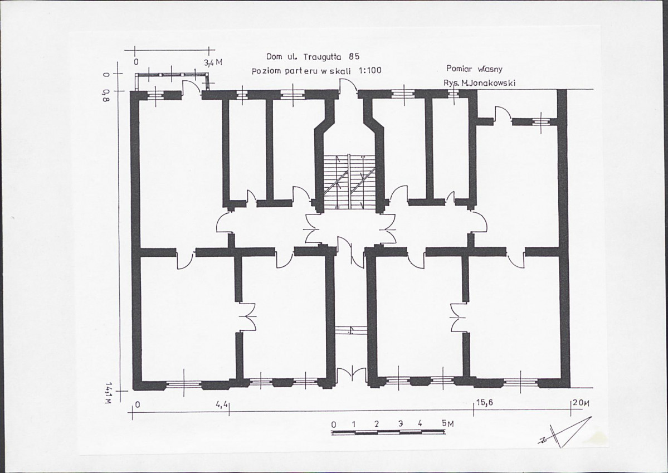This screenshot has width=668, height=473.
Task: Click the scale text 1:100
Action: [370, 70]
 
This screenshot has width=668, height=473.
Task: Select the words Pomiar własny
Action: [475, 69]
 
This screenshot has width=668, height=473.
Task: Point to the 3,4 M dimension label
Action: [213, 62]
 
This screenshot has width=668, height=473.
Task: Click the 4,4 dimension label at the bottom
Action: [222, 403]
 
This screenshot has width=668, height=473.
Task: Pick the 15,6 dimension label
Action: [484, 402]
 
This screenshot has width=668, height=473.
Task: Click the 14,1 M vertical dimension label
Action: [109, 393]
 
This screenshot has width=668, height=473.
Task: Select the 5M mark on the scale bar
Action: [448, 424]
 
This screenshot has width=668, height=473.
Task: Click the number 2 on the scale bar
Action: [377, 425]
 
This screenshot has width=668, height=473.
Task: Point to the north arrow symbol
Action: [565, 432]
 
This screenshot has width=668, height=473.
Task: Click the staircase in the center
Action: [349, 181]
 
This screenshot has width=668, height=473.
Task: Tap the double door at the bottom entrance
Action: [351, 374]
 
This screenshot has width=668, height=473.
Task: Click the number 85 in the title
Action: [354, 56]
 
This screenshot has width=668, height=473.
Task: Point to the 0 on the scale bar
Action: [334, 425]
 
